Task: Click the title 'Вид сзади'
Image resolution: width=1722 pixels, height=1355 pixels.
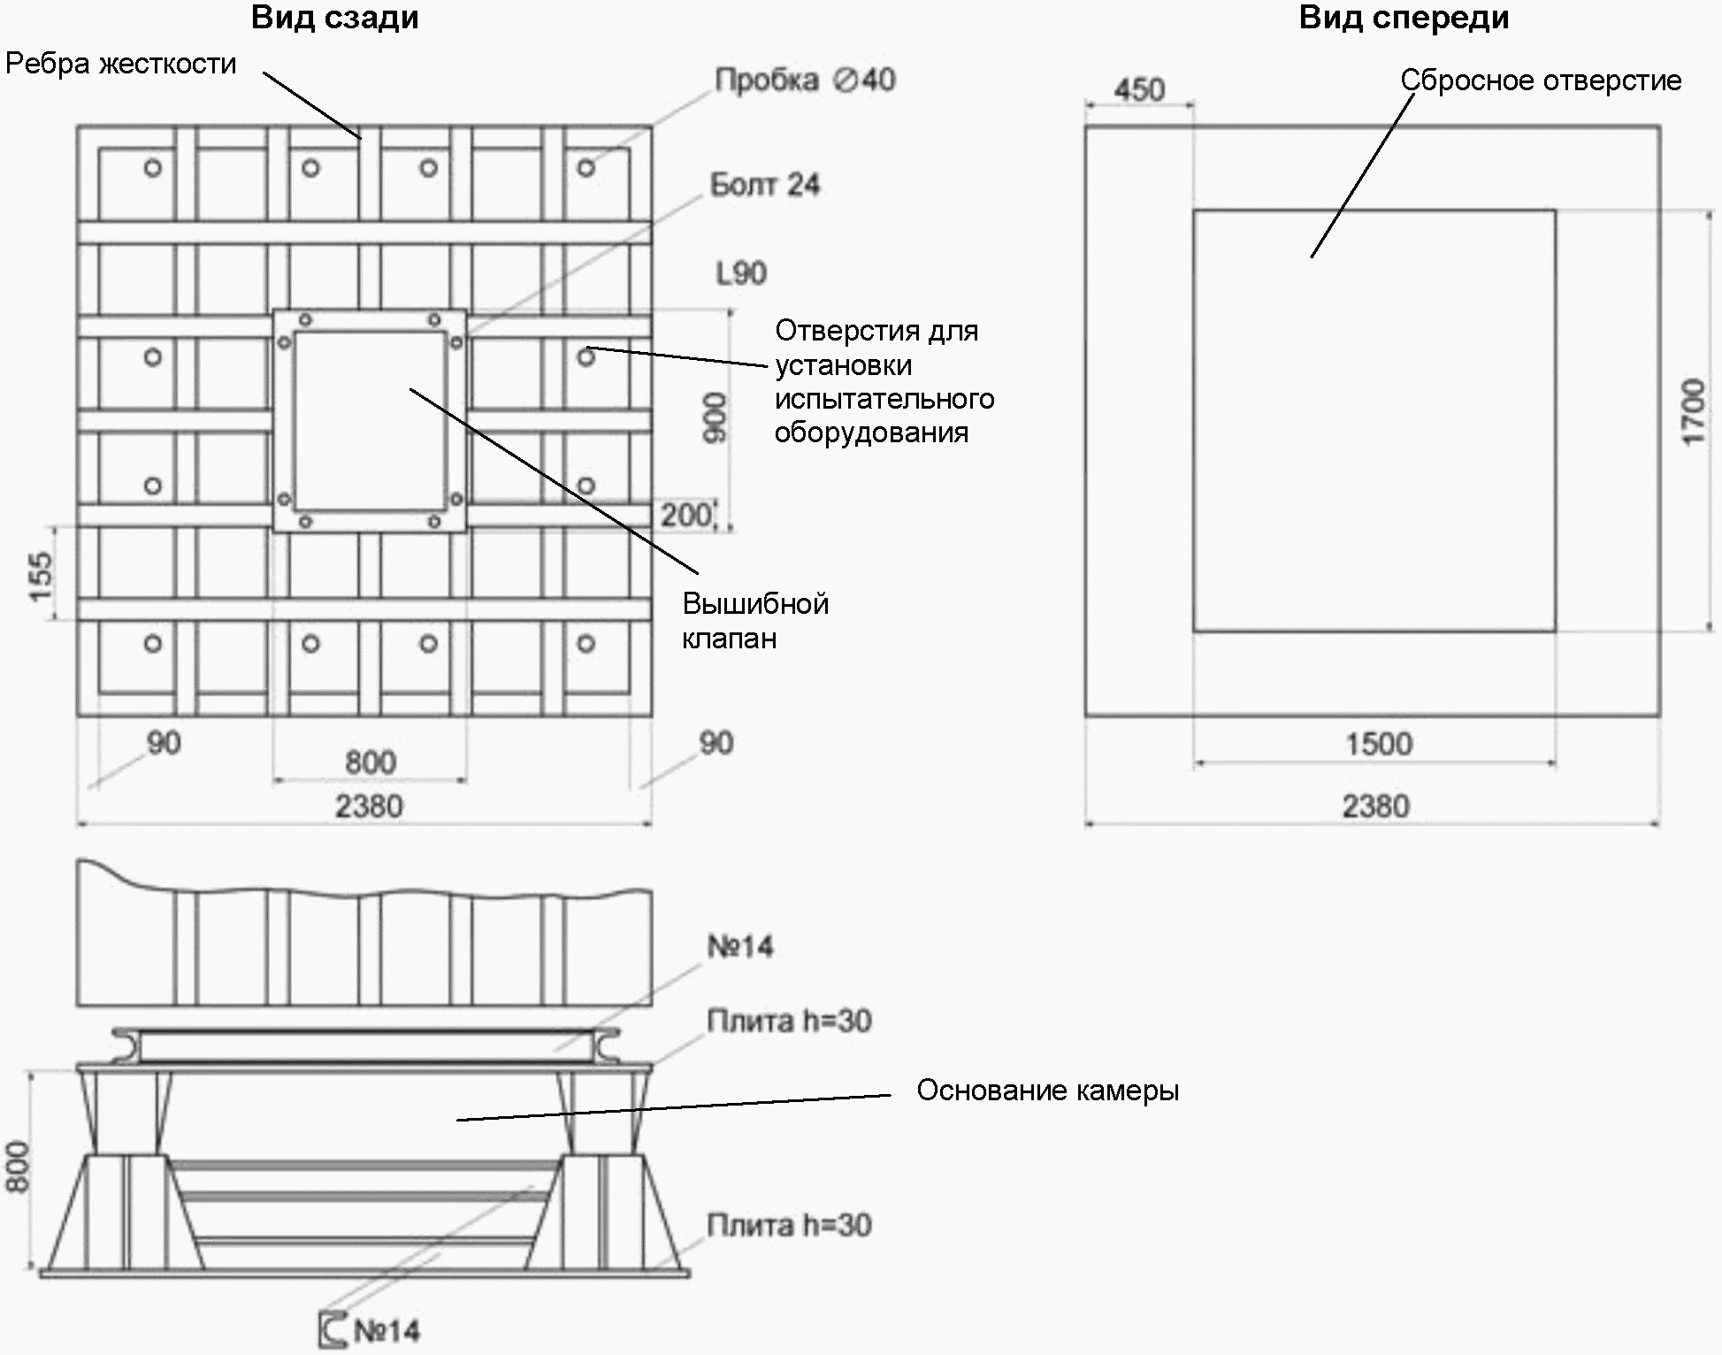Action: tap(334, 19)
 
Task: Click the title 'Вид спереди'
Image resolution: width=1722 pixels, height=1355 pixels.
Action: tap(1404, 19)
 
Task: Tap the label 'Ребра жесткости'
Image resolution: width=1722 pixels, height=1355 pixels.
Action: tap(121, 65)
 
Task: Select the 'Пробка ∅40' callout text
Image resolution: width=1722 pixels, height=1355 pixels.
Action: tap(805, 80)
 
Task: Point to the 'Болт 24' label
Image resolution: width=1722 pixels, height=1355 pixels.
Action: tap(765, 185)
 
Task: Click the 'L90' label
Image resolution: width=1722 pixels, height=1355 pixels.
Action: tap(741, 273)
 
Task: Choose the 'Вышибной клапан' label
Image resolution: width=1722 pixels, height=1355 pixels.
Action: tap(754, 621)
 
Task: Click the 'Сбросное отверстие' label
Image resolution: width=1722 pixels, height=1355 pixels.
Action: tap(1541, 80)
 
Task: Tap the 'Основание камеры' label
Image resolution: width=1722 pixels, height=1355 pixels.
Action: tap(1047, 1091)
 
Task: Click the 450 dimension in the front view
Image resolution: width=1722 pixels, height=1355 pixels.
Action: tap(1139, 89)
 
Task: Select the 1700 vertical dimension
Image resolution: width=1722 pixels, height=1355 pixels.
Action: tap(1693, 412)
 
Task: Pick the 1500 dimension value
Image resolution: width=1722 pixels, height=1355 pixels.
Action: tap(1379, 744)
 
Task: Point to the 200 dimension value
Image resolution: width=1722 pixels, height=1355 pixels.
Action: tap(686, 515)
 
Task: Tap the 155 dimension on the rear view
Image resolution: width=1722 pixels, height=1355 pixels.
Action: tap(41, 577)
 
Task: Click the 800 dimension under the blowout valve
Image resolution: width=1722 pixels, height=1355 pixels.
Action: tap(370, 762)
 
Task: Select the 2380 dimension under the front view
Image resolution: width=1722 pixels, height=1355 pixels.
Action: tap(1375, 806)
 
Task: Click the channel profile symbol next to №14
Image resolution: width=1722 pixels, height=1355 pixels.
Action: tap(333, 1329)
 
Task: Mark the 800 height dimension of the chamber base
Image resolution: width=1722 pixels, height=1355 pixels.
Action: tap(18, 1167)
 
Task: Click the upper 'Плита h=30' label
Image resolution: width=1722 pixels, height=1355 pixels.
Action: tap(789, 1022)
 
